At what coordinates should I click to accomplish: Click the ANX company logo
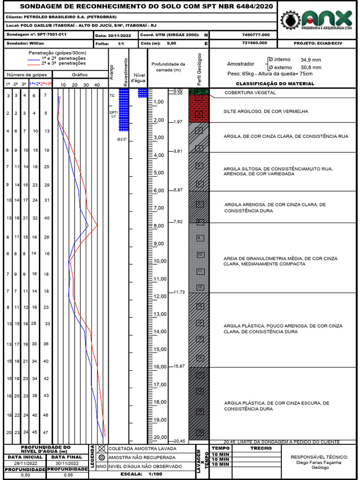coord(316,20)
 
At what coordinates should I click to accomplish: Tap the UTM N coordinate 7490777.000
coord(256,35)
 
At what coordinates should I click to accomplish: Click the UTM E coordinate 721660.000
coord(255,43)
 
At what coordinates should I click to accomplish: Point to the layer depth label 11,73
coord(179,292)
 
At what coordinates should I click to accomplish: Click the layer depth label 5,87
coord(178,190)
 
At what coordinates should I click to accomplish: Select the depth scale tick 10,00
coord(161,261)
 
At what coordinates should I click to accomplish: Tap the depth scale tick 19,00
coord(161,420)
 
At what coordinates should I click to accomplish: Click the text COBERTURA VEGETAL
coord(250,93)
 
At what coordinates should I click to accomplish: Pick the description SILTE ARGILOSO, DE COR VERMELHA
coord(266,111)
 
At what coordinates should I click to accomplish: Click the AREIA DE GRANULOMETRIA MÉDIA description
coord(280,261)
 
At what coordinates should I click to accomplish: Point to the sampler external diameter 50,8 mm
coord(311,67)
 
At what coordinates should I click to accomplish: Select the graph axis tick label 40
coord(97,85)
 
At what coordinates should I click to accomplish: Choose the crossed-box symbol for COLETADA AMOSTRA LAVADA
coord(102,449)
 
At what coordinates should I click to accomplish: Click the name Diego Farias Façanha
coord(319,462)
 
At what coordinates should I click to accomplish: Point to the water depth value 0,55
coord(68,475)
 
